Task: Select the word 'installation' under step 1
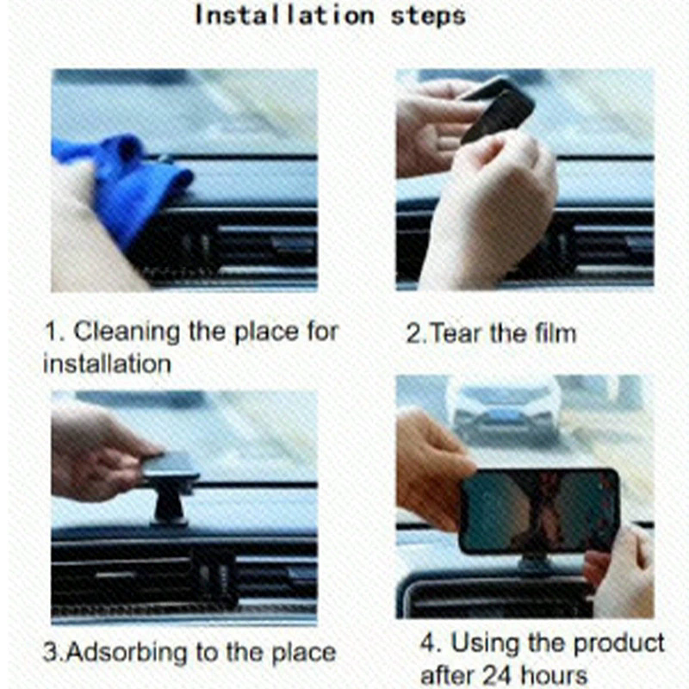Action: pyautogui.click(x=107, y=363)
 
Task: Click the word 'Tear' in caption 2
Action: pyautogui.click(x=456, y=332)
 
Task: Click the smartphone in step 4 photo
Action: pyautogui.click(x=538, y=512)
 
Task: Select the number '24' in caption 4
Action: pyautogui.click(x=504, y=674)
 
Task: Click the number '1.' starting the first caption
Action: pyautogui.click(x=53, y=331)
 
